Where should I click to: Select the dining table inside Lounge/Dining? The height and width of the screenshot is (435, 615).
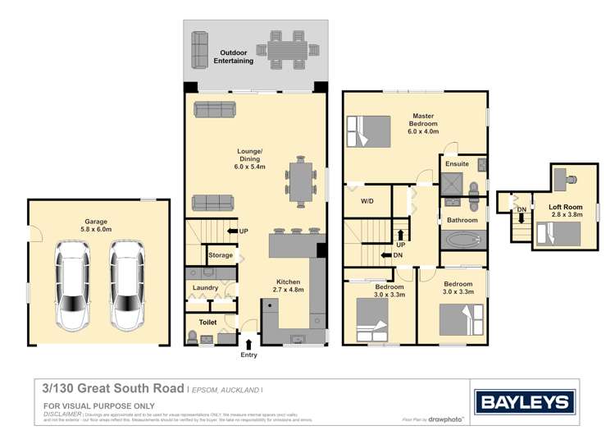(x=300, y=181)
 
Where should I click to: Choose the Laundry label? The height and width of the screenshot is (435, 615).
(x=205, y=287)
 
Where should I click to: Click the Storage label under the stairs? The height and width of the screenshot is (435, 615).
(x=220, y=255)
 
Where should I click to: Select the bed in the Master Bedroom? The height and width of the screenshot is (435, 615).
(x=369, y=130)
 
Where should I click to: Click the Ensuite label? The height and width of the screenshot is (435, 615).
(x=457, y=164)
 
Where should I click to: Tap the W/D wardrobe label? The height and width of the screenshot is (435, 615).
(x=367, y=201)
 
